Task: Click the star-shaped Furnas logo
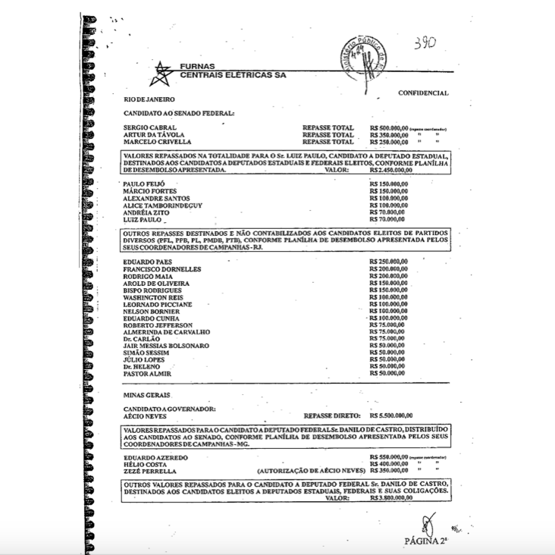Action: tap(161, 74)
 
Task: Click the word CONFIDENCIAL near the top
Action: tap(423, 93)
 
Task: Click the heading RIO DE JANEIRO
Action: tap(149, 99)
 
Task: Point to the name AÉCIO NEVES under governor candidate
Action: tap(144, 416)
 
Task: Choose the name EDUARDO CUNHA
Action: tap(150, 318)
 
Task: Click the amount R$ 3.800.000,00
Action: tap(391, 498)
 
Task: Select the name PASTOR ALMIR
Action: tap(147, 374)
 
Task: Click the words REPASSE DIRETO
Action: tap(329, 416)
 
